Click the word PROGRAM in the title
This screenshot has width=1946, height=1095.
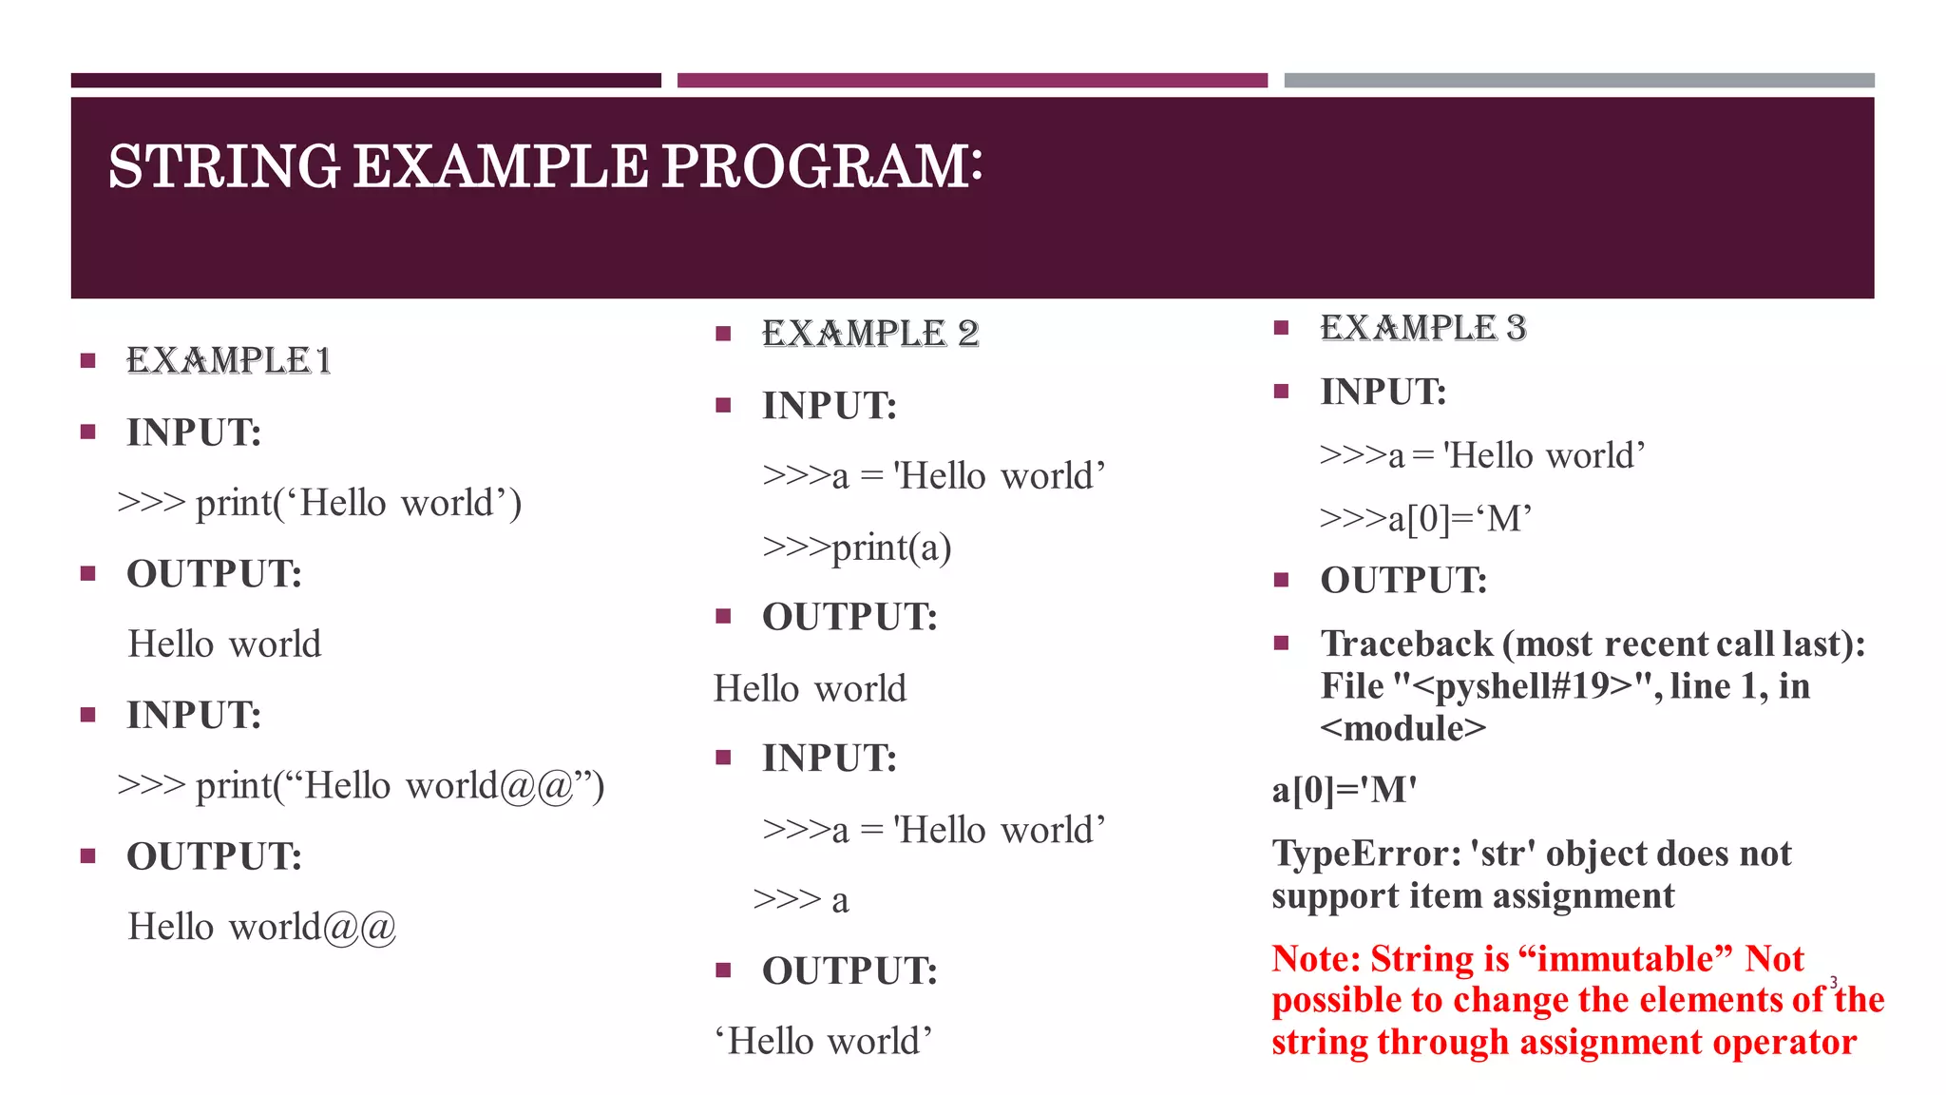[x=821, y=166]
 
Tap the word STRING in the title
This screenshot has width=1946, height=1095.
[x=223, y=166]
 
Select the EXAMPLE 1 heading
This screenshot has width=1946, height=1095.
[x=228, y=360]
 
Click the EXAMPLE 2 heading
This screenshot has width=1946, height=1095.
[x=869, y=334]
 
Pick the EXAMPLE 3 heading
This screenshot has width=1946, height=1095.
[x=1422, y=328]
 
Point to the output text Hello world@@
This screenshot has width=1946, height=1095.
[x=261, y=927]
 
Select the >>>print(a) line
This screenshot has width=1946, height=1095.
[x=856, y=547]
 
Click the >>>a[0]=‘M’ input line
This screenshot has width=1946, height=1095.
[x=1425, y=519]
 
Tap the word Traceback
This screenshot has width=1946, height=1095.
[x=1406, y=644]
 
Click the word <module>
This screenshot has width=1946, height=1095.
[x=1402, y=729]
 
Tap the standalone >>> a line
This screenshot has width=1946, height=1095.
[x=800, y=899]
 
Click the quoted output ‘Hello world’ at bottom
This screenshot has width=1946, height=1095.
[x=823, y=1042]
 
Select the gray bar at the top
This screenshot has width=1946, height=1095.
[x=1578, y=81]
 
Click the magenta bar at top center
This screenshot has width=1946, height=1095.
[x=971, y=81]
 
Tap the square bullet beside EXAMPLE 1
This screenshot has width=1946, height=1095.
[x=88, y=360]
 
